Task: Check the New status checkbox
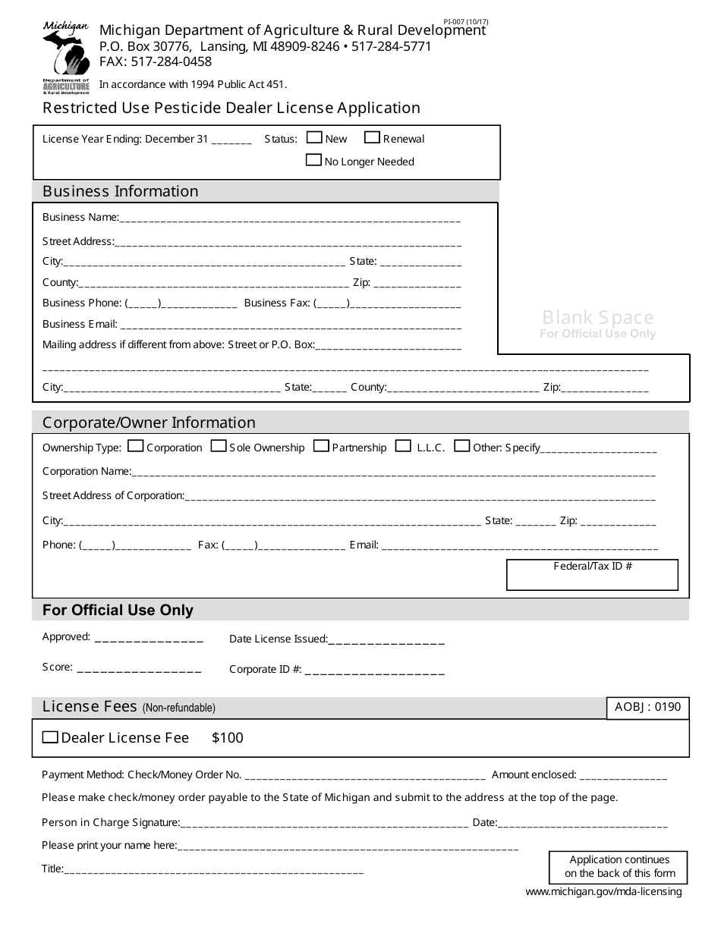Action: click(314, 138)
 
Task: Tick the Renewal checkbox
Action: click(372, 138)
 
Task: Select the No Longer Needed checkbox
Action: click(313, 160)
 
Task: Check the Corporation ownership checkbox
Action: click(136, 446)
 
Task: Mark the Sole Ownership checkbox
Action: click(218, 446)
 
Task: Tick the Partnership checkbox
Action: click(321, 446)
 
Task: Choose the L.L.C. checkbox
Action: click(404, 446)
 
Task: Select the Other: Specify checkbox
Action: click(461, 446)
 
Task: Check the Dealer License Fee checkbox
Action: click(50, 737)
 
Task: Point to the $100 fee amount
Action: click(228, 738)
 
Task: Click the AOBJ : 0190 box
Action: click(647, 708)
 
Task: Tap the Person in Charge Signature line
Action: click(324, 825)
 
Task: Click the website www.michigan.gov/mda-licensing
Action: click(603, 892)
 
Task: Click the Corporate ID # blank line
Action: click(374, 671)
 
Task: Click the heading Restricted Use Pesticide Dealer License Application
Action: click(231, 108)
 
